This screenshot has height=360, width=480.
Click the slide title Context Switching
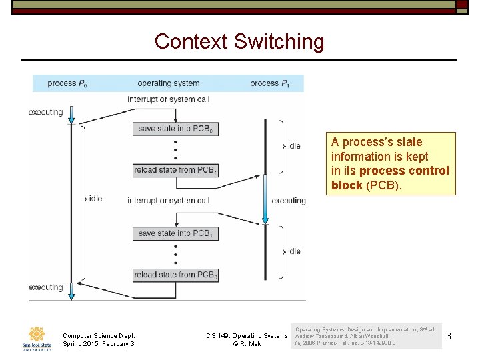(239, 42)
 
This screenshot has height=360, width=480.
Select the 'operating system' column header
(168, 83)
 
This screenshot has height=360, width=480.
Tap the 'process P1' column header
(269, 83)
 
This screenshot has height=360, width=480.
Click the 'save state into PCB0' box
(176, 129)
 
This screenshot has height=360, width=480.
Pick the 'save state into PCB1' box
(176, 233)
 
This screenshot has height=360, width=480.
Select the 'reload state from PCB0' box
(176, 275)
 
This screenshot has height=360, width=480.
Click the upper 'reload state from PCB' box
(176, 170)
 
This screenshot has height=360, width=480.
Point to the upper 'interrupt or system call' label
(168, 99)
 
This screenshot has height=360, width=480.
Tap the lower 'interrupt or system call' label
(168, 201)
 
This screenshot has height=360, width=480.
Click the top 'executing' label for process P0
(46, 112)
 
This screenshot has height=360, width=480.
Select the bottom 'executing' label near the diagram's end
(46, 287)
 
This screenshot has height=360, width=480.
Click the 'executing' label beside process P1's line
(289, 201)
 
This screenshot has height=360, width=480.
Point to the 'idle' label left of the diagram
(95, 199)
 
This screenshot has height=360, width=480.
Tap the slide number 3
(449, 336)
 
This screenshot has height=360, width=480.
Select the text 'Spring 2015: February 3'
(98, 344)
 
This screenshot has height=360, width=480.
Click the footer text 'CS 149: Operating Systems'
(247, 336)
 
